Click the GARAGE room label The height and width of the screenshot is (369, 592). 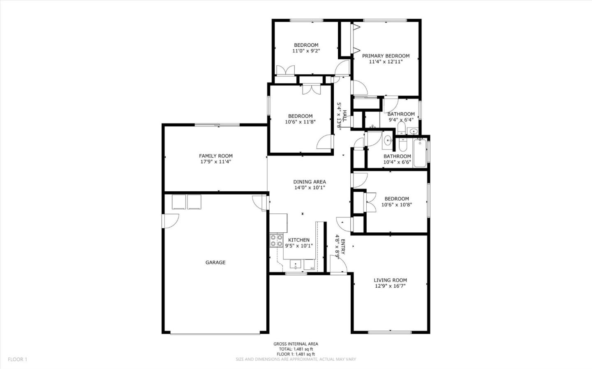coord(215,263)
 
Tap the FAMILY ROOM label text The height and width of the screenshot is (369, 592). coord(216,156)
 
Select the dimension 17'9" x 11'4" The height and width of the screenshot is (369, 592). coord(216,162)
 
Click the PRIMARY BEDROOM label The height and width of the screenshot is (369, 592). coord(386,56)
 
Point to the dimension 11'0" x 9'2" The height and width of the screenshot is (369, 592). coord(306,51)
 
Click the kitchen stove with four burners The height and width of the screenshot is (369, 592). coord(276,241)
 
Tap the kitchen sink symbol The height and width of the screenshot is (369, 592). coord(296,264)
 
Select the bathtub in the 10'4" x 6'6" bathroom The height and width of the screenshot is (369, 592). coord(420,153)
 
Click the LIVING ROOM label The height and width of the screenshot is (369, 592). coord(390,280)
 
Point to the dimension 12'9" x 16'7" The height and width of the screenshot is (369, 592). coord(390,286)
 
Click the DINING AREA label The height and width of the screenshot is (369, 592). coord(310,182)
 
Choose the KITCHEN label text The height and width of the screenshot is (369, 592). coord(299,240)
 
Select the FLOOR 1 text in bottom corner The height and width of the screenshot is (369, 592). coord(17,360)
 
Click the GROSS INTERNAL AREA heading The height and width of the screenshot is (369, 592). coord(296,344)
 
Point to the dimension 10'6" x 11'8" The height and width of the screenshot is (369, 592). coord(300,122)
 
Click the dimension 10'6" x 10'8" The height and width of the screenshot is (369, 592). coord(397,205)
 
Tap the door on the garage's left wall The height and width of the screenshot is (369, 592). coord(171,221)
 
